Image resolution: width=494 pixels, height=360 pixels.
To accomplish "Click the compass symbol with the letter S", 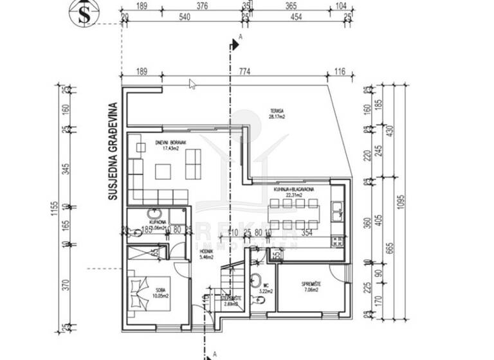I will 82,15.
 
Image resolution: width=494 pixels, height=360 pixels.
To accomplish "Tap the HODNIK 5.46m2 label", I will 206,255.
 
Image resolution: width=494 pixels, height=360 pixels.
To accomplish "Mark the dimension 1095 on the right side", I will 401,201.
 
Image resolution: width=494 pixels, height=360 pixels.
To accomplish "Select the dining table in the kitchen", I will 293,214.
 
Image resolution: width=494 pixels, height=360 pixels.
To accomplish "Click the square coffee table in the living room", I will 163,171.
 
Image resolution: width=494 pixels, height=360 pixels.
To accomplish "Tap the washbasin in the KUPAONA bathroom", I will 154,214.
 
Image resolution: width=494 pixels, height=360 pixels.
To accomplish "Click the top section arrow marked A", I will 234,44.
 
